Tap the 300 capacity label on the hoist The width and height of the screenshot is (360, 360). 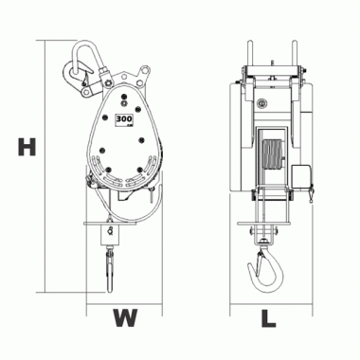tap(124, 119)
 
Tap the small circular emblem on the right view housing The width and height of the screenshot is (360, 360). tap(261, 98)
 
